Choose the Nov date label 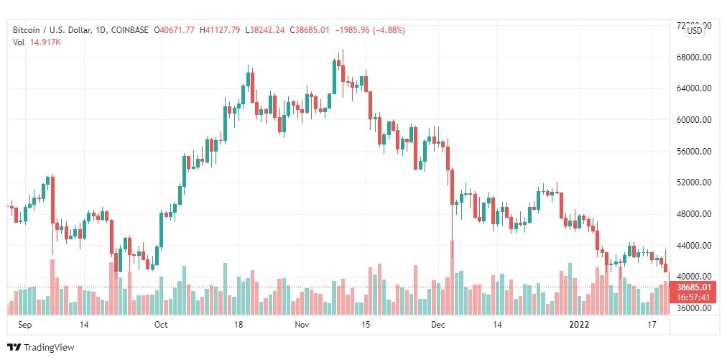pyautogui.click(x=302, y=325)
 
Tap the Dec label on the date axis pyautogui.click(x=438, y=325)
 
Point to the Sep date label pyautogui.click(x=26, y=325)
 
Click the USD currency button pyautogui.click(x=694, y=30)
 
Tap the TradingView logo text pyautogui.click(x=49, y=347)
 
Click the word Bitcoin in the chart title pyautogui.click(x=27, y=30)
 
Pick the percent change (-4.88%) pyautogui.click(x=388, y=30)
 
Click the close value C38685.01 pyautogui.click(x=313, y=30)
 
